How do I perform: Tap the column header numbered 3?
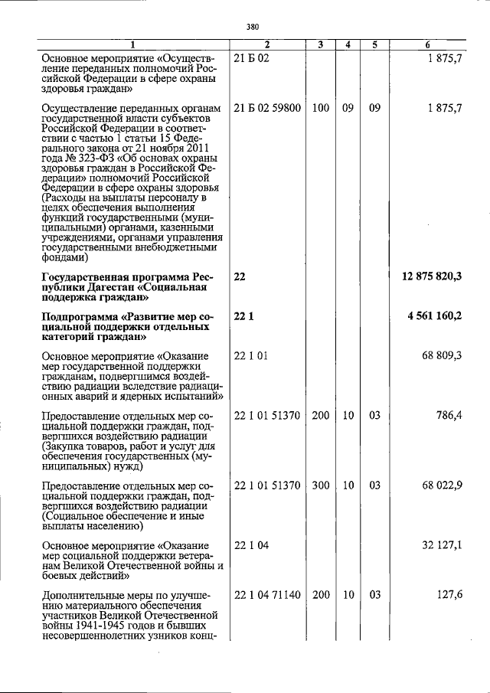click(x=321, y=45)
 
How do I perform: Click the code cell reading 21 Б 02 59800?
click(x=266, y=108)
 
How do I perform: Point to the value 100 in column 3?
click(x=321, y=108)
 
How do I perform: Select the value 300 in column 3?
click(x=321, y=486)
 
